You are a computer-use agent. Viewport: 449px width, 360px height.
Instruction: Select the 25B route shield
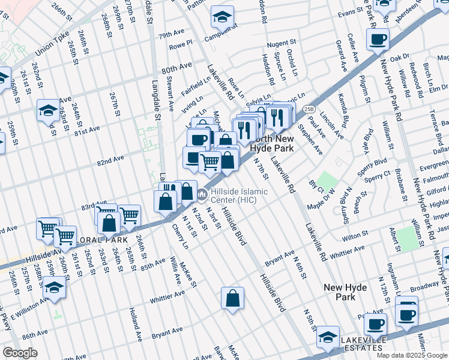tap(309, 109)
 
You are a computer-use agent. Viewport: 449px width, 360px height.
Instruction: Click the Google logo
tap(20, 353)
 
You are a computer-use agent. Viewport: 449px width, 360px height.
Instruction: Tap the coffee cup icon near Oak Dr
tap(378, 40)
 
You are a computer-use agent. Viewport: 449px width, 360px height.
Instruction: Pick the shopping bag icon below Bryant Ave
tap(232, 298)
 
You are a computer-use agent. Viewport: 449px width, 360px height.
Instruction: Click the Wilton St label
tap(355, 238)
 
